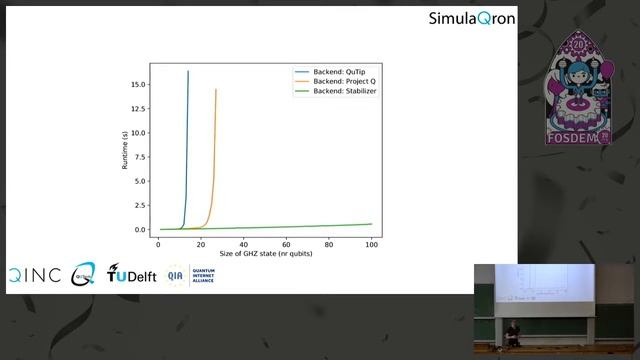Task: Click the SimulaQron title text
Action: click(x=472, y=18)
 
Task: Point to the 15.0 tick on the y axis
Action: click(x=136, y=84)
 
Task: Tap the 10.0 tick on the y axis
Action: click(x=136, y=133)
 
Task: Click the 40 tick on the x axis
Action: click(x=243, y=244)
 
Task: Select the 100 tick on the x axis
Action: click(x=371, y=244)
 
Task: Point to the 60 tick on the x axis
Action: click(x=286, y=244)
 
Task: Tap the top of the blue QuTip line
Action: click(x=188, y=72)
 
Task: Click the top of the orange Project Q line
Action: click(x=215, y=90)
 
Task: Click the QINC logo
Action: click(x=34, y=275)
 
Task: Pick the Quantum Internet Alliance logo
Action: click(x=191, y=275)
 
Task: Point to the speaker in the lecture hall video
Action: click(x=512, y=334)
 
